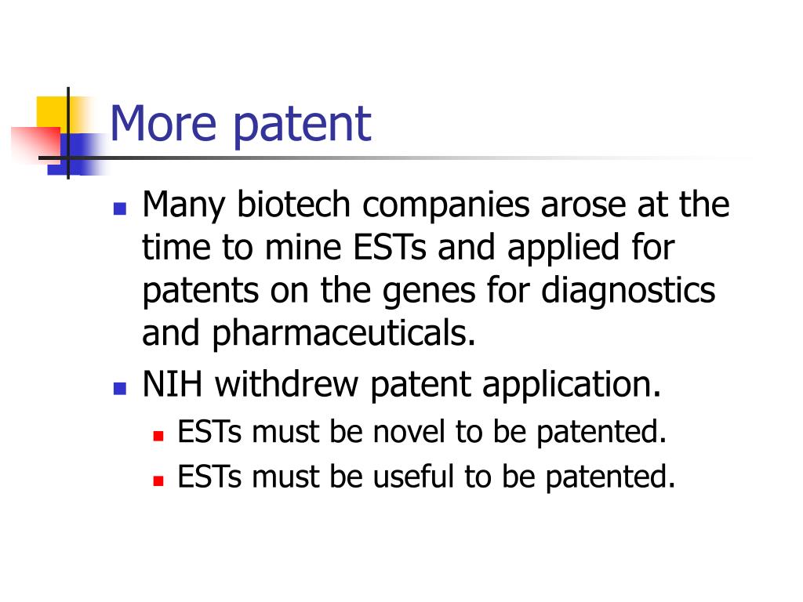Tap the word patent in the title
(x=302, y=126)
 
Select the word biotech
(x=293, y=205)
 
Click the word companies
(x=446, y=206)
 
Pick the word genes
(x=429, y=292)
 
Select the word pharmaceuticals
(x=343, y=334)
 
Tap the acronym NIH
(x=172, y=384)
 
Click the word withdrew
(x=286, y=384)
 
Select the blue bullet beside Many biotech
(x=120, y=209)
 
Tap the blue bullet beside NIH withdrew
(x=120, y=388)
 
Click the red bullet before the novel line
(x=158, y=436)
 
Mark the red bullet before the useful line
(x=158, y=481)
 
